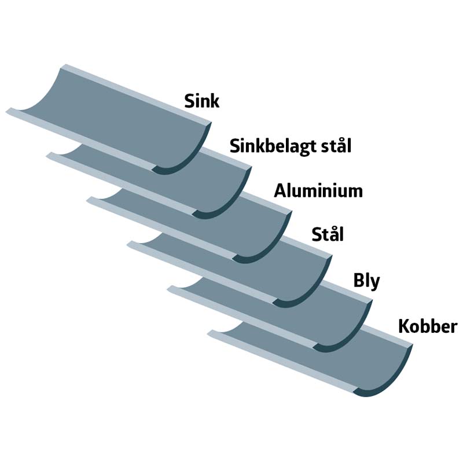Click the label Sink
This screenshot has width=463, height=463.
tap(201, 101)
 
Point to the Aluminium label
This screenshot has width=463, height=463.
tap(318, 191)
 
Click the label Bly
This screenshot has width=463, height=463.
tap(366, 281)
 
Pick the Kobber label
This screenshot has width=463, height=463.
tap(428, 326)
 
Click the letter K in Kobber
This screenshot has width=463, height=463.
tap(404, 326)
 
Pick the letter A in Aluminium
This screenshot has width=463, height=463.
tap(280, 191)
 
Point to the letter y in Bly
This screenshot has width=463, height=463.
tap(374, 284)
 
